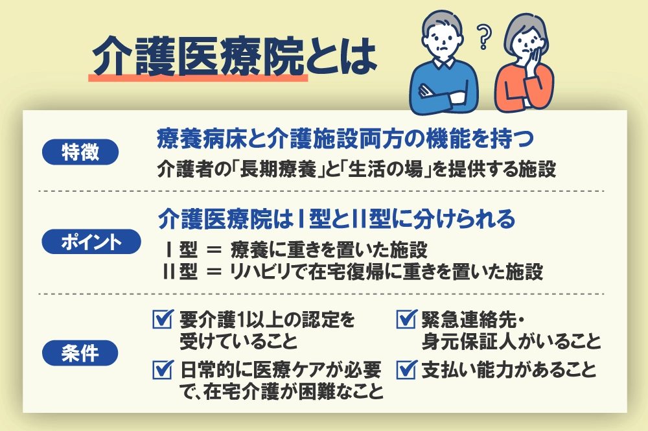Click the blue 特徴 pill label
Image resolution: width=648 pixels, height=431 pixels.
tap(80, 152)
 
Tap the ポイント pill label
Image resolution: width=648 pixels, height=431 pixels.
tap(91, 242)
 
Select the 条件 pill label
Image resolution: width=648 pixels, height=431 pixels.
tap(80, 353)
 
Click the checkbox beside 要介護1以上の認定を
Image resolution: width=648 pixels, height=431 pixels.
tap(163, 319)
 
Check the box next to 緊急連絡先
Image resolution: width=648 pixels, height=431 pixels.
tap(406, 319)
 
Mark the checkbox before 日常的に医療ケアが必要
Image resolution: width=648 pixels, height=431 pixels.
tap(163, 369)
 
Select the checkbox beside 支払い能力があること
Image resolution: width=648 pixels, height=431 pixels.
tap(406, 369)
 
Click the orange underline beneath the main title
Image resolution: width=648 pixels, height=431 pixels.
tap(198, 78)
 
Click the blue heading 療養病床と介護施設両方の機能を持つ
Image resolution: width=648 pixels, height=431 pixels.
tap(345, 139)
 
